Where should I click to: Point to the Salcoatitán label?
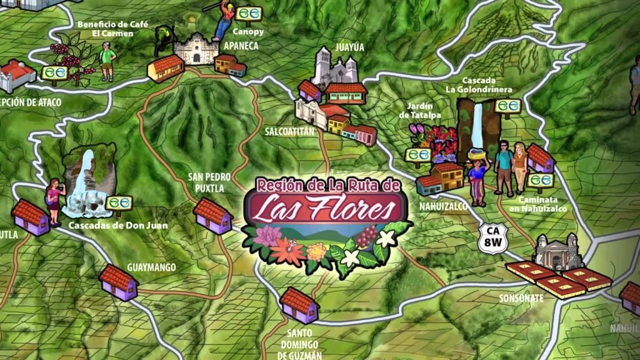click(288, 132)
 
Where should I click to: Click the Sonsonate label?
click(521, 298)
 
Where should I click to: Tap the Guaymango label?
click(151, 267)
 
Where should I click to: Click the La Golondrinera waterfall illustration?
click(476, 128)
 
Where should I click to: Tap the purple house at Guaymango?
click(118, 282)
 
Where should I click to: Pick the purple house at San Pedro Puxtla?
click(212, 216)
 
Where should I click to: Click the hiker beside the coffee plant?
click(107, 61)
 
